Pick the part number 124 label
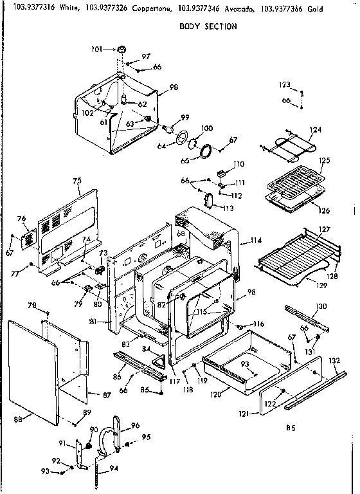pos(315,129)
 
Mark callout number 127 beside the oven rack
pos(325,230)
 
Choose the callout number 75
pos(77,181)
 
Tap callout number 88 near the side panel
pos(18,419)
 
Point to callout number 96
pos(135,425)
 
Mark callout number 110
pos(239,164)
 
